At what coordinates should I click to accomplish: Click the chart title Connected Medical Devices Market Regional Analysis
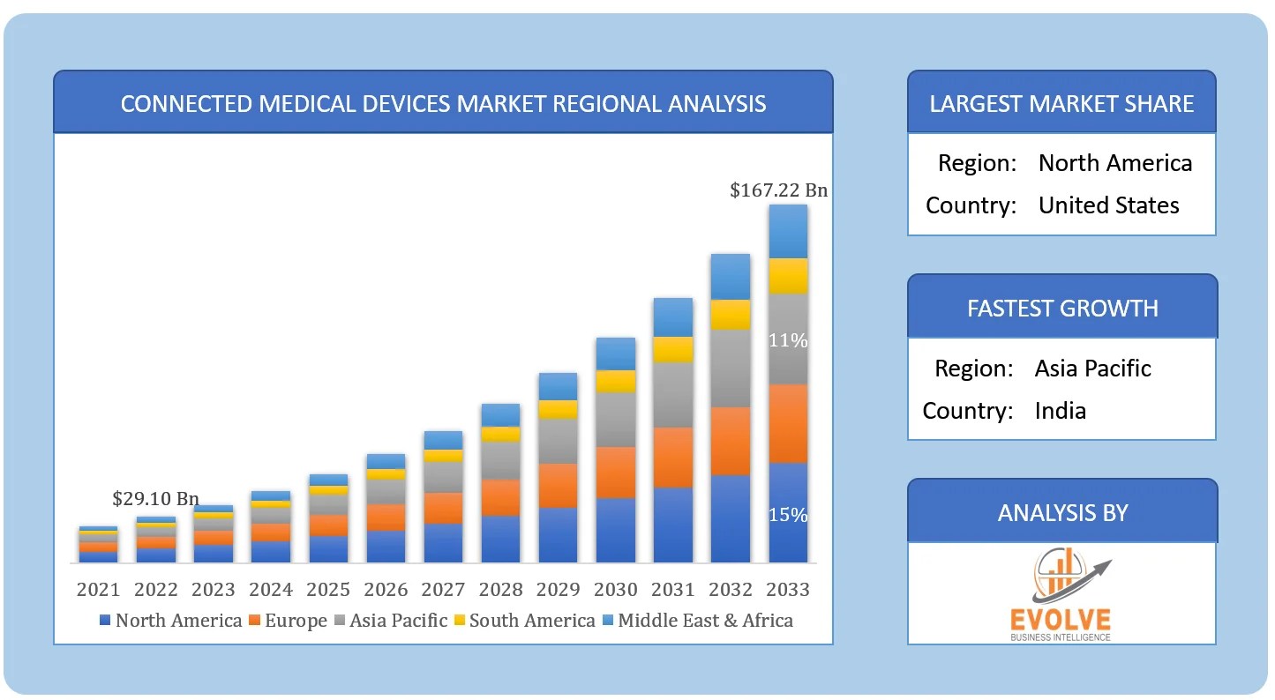coord(443,104)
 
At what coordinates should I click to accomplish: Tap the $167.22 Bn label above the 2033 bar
coord(778,190)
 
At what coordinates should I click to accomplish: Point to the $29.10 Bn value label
coord(155,499)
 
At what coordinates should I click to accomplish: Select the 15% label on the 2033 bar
coord(788,515)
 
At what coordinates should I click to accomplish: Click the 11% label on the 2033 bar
coord(788,340)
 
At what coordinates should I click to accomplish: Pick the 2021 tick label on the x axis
coord(98,589)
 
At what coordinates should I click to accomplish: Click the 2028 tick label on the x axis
coord(500,589)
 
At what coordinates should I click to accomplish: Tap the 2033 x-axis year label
coord(788,589)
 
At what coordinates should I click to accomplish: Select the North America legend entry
coord(170,621)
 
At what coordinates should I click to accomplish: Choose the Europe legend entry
coord(288,621)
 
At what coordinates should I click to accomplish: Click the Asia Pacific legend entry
coord(390,621)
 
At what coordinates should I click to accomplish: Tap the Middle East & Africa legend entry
coord(697,621)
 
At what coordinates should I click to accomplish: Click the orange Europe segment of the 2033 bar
coord(788,423)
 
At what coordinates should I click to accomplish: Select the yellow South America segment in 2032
coord(731,315)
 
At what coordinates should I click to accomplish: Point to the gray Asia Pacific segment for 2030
coord(616,420)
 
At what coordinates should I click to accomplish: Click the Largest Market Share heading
coord(1061,104)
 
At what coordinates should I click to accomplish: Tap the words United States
coord(1108,205)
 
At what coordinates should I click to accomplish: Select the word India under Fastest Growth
coord(1060,411)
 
